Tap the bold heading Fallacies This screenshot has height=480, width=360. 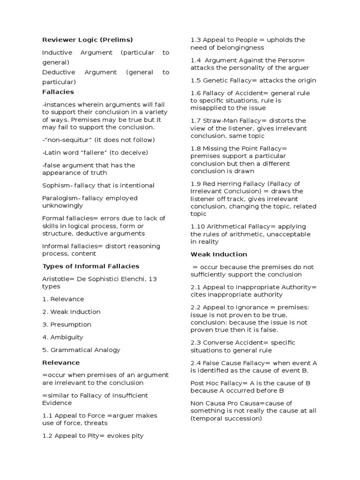click(x=58, y=92)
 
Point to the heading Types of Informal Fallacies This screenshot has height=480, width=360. click(x=90, y=266)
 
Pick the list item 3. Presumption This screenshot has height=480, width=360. click(x=67, y=324)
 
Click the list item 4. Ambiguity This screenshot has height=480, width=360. click(x=62, y=337)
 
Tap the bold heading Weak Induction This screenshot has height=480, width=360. click(x=218, y=254)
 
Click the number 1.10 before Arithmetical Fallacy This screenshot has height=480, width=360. click(x=197, y=226)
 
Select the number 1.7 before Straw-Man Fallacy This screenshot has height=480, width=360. click(x=195, y=120)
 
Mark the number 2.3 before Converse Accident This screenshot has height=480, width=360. click(x=195, y=343)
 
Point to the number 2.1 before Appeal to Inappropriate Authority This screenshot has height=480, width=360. click(x=195, y=287)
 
